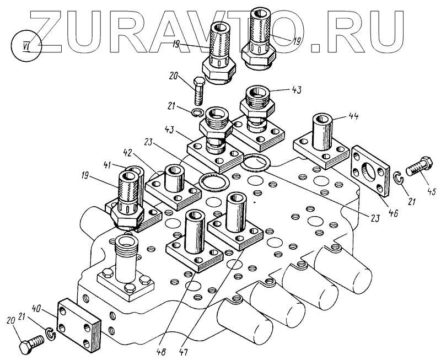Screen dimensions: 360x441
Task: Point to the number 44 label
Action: (353, 117)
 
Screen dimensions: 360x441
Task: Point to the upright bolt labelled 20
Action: (199, 93)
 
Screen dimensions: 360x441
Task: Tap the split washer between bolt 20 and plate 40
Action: (51, 334)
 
